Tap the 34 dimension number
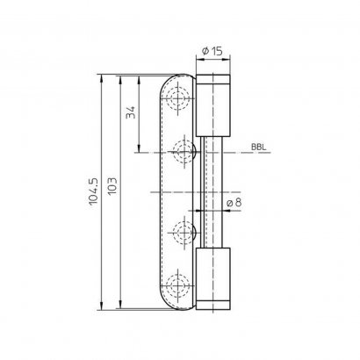(x=131, y=113)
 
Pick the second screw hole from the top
(x=184, y=153)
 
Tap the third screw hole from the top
(x=184, y=233)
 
